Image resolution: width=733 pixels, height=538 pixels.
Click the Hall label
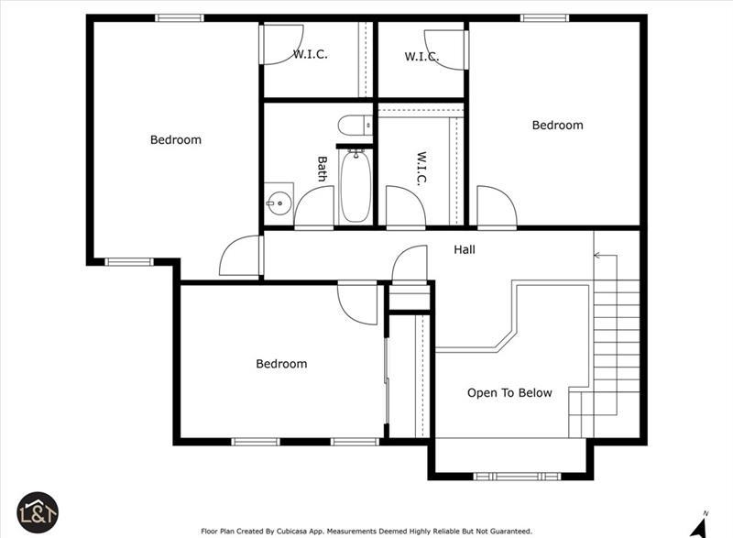465,249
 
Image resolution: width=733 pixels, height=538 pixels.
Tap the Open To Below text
509,392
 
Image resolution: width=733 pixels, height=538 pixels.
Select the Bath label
323,169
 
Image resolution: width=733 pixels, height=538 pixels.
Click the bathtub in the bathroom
356,186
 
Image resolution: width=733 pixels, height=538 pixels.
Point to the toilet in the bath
355,126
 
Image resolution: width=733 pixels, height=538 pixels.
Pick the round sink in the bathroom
279,203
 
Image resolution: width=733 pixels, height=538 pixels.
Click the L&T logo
38,512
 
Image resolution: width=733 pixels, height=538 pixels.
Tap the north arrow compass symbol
699,525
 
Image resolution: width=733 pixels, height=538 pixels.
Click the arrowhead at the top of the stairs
597,255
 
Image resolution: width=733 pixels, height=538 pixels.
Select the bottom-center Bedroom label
281,364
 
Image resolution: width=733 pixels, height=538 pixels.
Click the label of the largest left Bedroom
176,139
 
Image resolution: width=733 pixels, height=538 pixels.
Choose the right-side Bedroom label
558,126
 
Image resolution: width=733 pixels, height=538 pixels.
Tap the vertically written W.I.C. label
421,169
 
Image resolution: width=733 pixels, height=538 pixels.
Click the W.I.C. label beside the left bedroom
311,54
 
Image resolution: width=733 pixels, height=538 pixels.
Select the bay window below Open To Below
517,477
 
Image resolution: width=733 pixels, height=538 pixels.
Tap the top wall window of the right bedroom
544,18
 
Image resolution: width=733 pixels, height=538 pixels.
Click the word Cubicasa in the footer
292,532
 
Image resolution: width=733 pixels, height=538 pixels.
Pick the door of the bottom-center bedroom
357,302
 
